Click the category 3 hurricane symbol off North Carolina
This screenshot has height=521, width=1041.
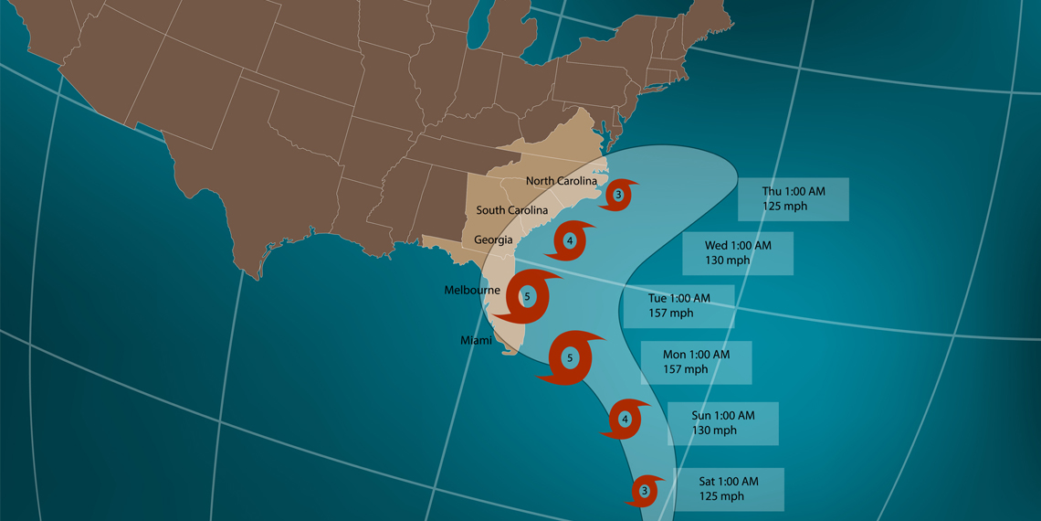point(619,195)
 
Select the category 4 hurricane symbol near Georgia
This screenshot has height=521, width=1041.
point(570,241)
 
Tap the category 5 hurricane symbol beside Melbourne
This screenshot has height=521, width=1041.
point(527,296)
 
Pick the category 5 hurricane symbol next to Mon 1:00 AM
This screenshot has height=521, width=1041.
point(571,357)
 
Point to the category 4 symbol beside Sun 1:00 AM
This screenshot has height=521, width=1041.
point(626,420)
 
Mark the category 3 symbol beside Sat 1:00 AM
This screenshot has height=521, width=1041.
point(645,491)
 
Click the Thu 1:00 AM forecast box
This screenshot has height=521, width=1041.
point(794,199)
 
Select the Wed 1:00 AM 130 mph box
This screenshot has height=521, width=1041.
point(738,253)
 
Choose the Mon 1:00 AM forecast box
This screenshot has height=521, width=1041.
point(696,362)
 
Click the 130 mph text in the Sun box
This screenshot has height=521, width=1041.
point(714,431)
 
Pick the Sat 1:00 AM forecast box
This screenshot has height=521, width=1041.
point(729,489)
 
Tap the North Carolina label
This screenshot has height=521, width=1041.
point(562,181)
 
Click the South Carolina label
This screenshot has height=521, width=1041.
point(512,210)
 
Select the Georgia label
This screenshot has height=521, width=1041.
point(493,240)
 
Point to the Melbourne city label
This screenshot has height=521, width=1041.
point(472,291)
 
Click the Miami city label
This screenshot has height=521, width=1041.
point(476,340)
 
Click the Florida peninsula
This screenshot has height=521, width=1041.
point(508,320)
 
